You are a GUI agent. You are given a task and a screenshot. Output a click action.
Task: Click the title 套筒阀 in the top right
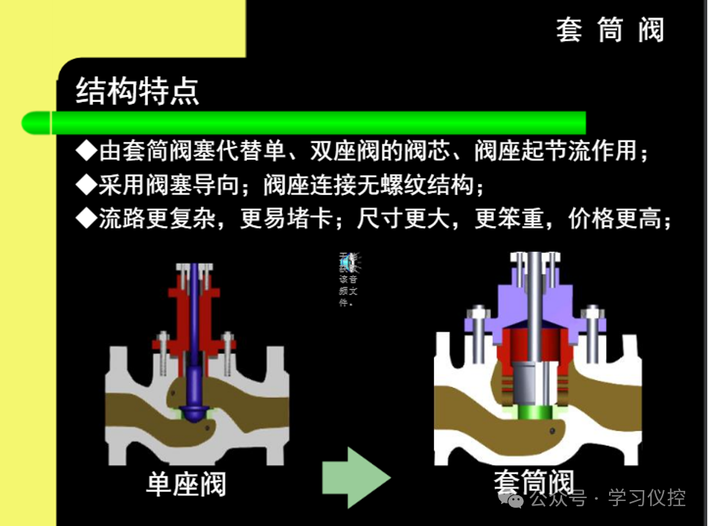(x=610, y=31)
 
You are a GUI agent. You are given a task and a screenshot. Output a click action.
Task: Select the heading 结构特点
(x=137, y=92)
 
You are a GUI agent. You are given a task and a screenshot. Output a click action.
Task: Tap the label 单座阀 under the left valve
(x=186, y=484)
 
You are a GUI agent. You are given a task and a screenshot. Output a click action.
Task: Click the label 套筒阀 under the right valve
(x=533, y=482)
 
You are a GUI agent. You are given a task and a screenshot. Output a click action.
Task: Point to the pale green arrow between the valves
(x=355, y=477)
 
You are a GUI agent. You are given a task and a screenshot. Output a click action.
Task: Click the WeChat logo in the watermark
(x=512, y=499)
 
